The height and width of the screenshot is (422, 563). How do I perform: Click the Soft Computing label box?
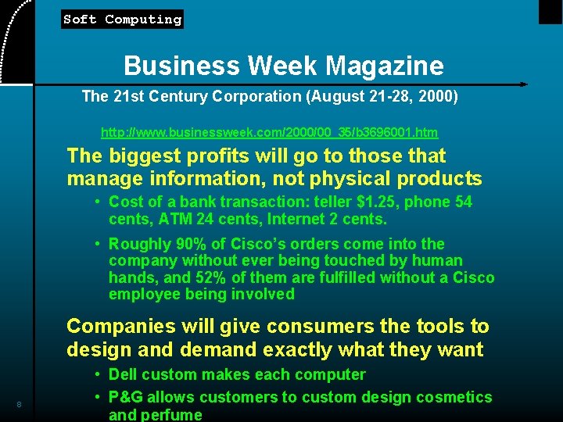point(122,20)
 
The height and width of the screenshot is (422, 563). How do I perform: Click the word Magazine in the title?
point(385,66)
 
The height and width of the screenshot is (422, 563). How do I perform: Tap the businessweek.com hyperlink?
point(269,133)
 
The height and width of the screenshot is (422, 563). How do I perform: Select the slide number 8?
point(19,404)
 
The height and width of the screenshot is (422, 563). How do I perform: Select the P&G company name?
point(128,397)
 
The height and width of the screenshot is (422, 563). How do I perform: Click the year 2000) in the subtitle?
point(438,97)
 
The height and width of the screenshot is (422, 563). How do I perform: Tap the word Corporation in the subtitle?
point(242,97)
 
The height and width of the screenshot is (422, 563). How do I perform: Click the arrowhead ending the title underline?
point(523,84)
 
